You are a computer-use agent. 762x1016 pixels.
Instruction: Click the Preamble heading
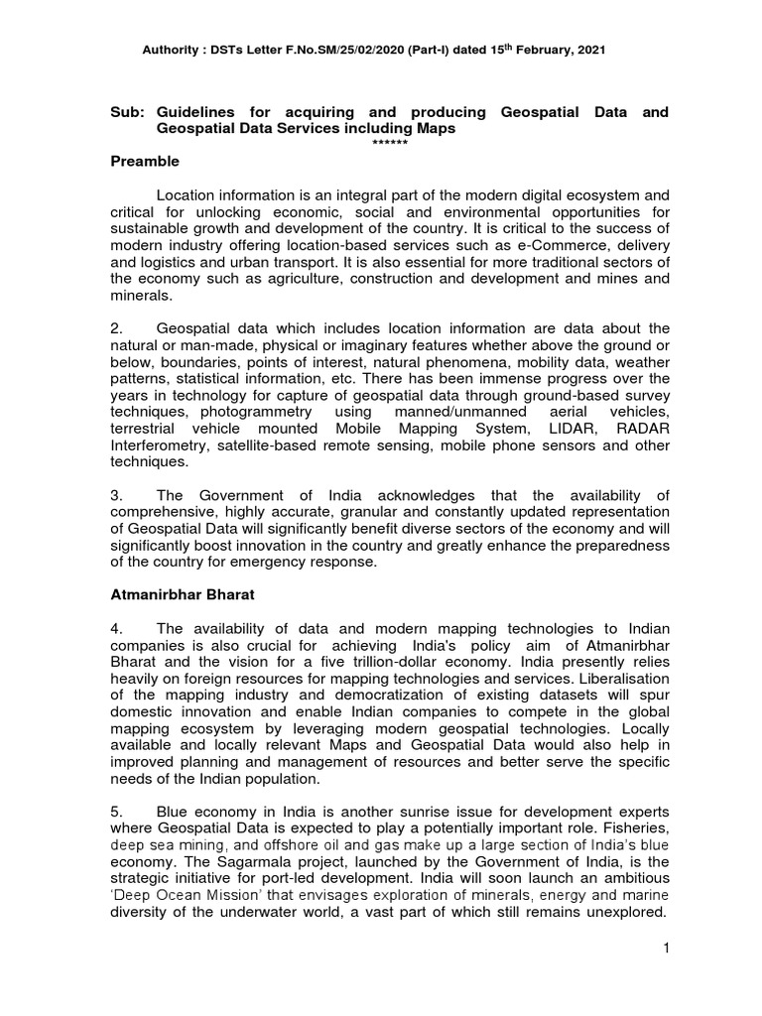147,161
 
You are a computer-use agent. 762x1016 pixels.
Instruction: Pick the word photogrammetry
250,412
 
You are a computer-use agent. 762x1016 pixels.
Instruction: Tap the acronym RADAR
642,428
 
